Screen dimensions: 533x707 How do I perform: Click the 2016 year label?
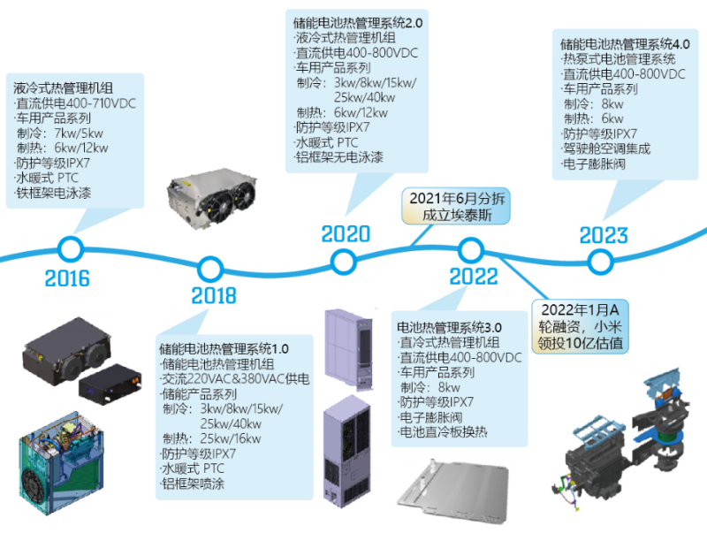pyautogui.click(x=67, y=278)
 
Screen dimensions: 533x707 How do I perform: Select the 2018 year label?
pyautogui.click(x=213, y=295)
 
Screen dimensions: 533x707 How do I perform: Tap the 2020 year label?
pyautogui.click(x=346, y=234)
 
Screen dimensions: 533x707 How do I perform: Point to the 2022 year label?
pyautogui.click(x=474, y=277)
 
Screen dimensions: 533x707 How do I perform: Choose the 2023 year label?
pyautogui.click(x=604, y=236)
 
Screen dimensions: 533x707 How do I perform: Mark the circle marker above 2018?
pyautogui.click(x=210, y=267)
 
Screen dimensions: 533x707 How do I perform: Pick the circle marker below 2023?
pyautogui.click(x=601, y=261)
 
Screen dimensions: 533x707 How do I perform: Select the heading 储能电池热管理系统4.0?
pyautogui.click(x=625, y=42)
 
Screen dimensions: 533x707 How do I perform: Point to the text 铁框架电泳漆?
pyautogui.click(x=52, y=193)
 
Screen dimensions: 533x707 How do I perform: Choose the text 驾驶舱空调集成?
pyautogui.click(x=606, y=149)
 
